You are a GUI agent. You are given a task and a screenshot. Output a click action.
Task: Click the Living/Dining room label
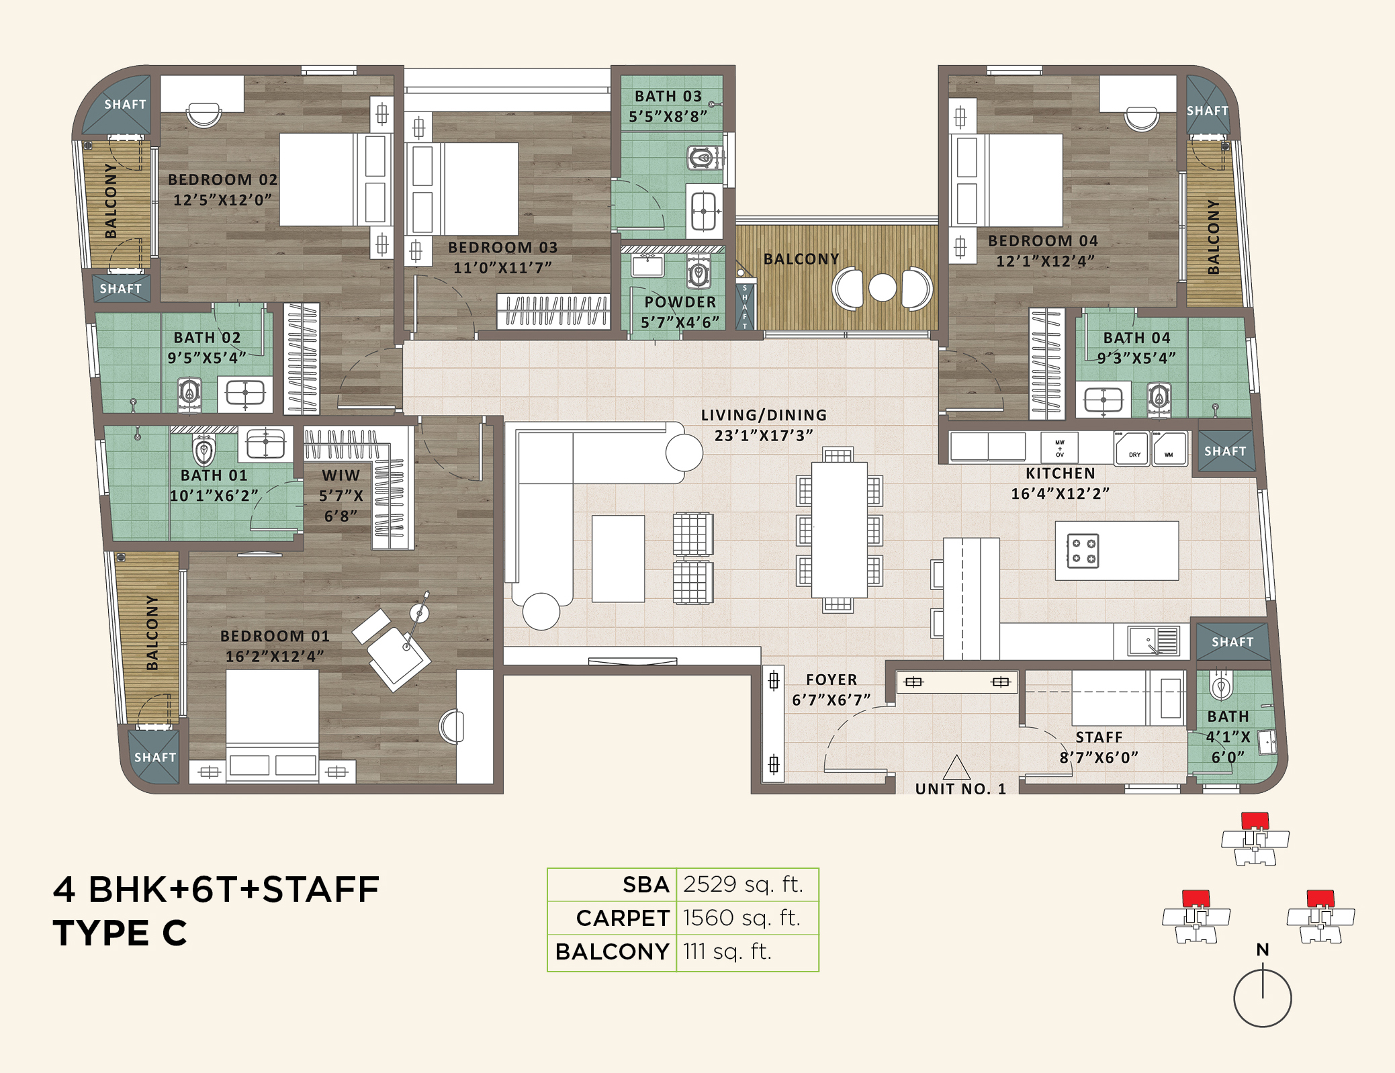point(764,416)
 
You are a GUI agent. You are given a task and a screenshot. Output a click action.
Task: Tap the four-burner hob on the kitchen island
point(1083,551)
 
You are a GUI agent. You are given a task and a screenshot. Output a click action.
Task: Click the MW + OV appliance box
point(1059,447)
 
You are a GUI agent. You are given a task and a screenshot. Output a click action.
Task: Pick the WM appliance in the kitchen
point(1169,449)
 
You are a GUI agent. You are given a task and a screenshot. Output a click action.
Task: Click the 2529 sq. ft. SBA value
point(744,884)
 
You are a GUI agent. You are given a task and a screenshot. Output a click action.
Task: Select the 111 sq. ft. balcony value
point(727,951)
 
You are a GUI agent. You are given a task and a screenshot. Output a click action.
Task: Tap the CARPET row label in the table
point(622,918)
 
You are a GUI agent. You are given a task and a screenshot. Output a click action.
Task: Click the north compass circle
point(1262,998)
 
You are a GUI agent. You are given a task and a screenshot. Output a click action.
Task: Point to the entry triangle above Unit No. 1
point(956,768)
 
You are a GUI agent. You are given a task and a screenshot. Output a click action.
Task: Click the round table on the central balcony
point(883,287)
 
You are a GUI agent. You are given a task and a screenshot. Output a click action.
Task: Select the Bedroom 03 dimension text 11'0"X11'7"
point(502,268)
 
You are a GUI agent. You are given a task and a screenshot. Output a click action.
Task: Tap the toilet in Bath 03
point(701,159)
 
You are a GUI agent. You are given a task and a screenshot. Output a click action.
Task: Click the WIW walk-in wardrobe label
point(341,475)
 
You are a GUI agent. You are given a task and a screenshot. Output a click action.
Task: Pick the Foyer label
point(831,680)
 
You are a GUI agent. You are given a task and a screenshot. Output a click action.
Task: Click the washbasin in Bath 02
point(244,393)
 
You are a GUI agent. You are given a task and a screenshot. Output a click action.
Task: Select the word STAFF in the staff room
point(1099,737)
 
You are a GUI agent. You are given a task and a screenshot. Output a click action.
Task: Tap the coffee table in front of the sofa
point(618,559)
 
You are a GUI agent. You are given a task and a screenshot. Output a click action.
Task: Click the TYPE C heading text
point(120,933)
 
